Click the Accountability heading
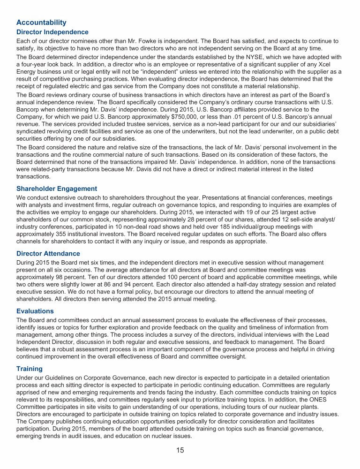tap(41, 23)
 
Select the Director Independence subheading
tap(52, 32)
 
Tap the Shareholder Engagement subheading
tap(57, 189)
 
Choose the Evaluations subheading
tap(35, 311)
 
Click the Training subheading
tap(30, 369)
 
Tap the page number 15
tap(180, 451)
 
